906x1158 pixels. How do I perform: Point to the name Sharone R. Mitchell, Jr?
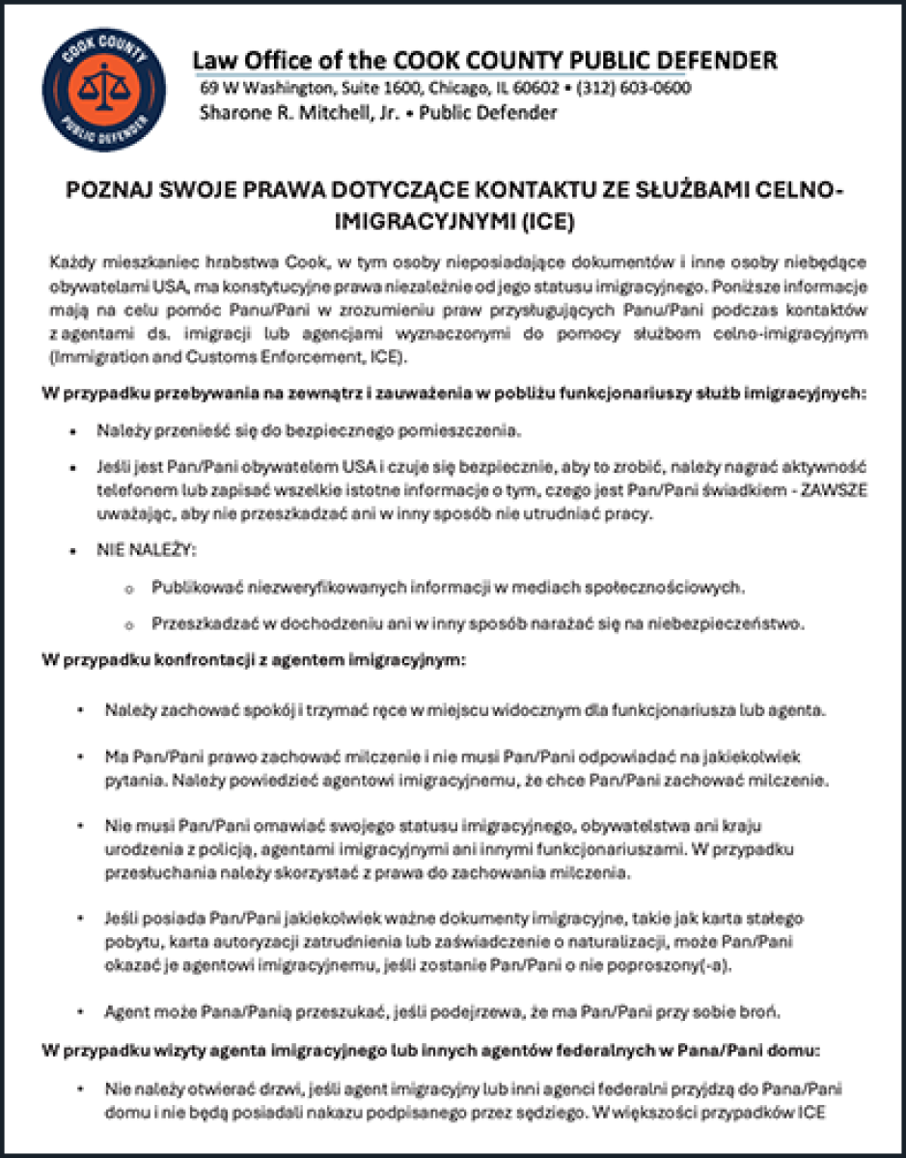[293, 112]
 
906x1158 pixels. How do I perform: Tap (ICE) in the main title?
[547, 222]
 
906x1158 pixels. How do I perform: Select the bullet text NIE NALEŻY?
[145, 550]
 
